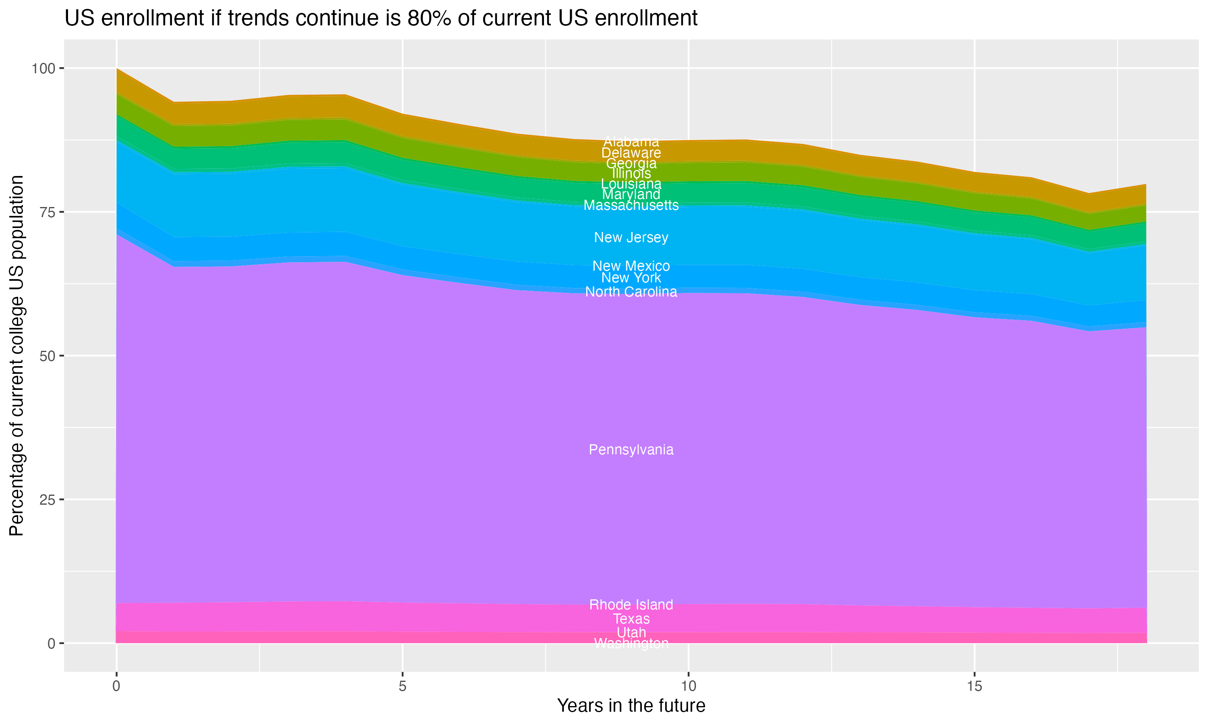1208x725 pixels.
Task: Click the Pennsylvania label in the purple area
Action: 631,449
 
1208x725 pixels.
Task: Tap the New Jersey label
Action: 631,237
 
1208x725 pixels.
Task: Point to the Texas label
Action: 631,619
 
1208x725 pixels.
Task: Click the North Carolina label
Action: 631,292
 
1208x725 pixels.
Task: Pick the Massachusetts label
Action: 631,205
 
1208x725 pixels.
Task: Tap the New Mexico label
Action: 631,266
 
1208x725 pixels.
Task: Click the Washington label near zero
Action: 631,643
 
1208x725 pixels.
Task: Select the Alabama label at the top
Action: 631,141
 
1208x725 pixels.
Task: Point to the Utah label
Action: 631,632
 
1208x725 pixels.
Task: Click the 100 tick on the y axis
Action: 43,68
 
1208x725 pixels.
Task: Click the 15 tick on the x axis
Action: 974,686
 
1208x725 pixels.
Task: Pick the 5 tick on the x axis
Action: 402,686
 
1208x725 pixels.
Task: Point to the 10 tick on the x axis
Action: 688,686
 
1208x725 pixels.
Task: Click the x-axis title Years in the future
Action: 631,705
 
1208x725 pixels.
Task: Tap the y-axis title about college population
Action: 17,355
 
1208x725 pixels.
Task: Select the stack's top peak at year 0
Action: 117,69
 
